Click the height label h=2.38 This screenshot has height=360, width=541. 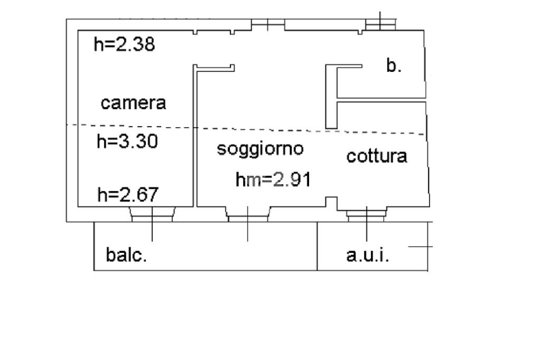pyautogui.click(x=124, y=44)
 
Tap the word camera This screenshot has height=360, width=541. pyautogui.click(x=133, y=103)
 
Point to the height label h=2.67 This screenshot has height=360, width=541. pyautogui.click(x=128, y=195)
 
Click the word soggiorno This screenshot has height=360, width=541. pyautogui.click(x=260, y=149)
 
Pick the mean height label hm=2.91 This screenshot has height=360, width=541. pyautogui.click(x=273, y=180)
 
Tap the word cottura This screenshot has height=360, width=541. pyautogui.click(x=377, y=156)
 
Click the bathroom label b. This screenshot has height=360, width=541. pyautogui.click(x=394, y=66)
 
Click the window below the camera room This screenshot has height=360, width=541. pyautogui.click(x=152, y=213)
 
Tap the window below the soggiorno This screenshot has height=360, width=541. pyautogui.click(x=247, y=213)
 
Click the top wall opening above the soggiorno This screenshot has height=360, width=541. pyautogui.click(x=268, y=24)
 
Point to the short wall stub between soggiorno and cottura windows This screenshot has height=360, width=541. pyautogui.click(x=331, y=202)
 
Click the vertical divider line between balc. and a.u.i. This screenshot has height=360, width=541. pyautogui.click(x=318, y=246)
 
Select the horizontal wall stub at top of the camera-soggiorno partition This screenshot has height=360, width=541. pyautogui.click(x=214, y=67)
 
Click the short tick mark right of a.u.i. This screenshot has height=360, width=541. pyautogui.click(x=421, y=246)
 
